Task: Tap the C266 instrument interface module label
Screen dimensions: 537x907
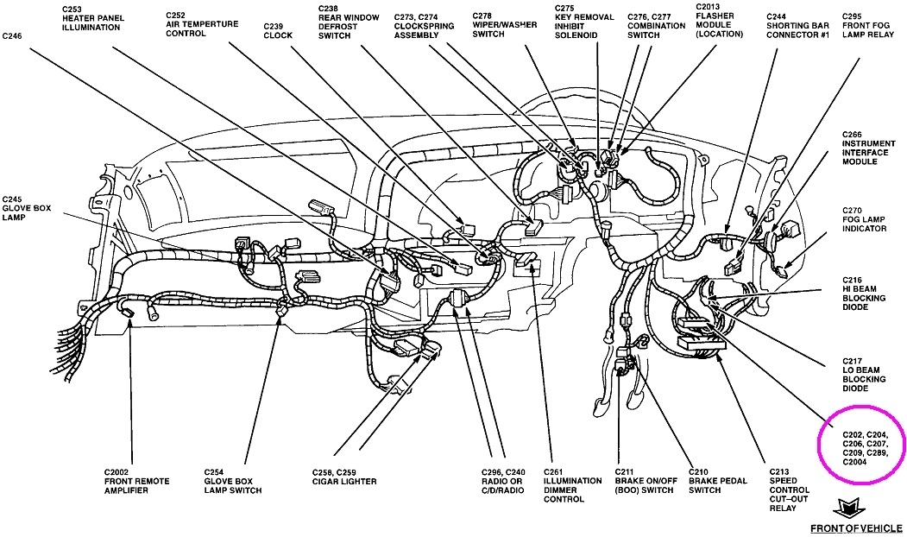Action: pos(864,152)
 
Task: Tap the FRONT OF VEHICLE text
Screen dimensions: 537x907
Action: pos(856,528)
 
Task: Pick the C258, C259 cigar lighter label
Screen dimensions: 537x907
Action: pos(344,477)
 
